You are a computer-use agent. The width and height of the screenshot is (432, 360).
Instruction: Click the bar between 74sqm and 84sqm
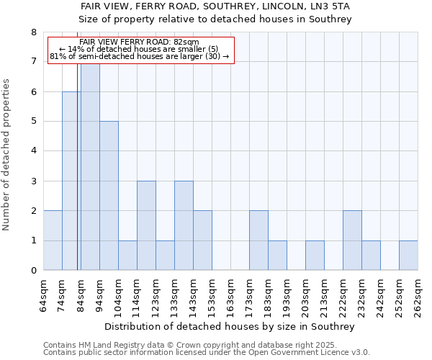tap(71, 181)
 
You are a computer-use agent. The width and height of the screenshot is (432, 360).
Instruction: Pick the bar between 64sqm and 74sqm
tap(53, 240)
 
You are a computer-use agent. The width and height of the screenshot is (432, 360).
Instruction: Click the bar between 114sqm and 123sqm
tap(146, 225)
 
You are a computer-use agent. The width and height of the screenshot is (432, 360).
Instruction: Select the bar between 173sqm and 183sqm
tap(258, 240)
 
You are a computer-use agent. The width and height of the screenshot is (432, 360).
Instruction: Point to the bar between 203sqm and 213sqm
tap(315, 256)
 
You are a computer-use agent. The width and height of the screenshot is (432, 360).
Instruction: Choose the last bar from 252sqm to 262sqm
tap(408, 256)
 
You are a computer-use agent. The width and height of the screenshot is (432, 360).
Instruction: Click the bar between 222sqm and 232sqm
tap(352, 240)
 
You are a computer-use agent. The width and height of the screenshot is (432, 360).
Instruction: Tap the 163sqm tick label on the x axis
tap(230, 295)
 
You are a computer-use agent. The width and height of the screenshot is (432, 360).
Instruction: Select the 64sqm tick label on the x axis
tap(44, 295)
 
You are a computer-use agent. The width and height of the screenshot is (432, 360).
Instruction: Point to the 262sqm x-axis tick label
tap(418, 295)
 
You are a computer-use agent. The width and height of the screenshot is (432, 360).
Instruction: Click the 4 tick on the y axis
tap(32, 151)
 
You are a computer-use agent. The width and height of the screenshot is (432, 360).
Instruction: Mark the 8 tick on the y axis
tap(32, 32)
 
